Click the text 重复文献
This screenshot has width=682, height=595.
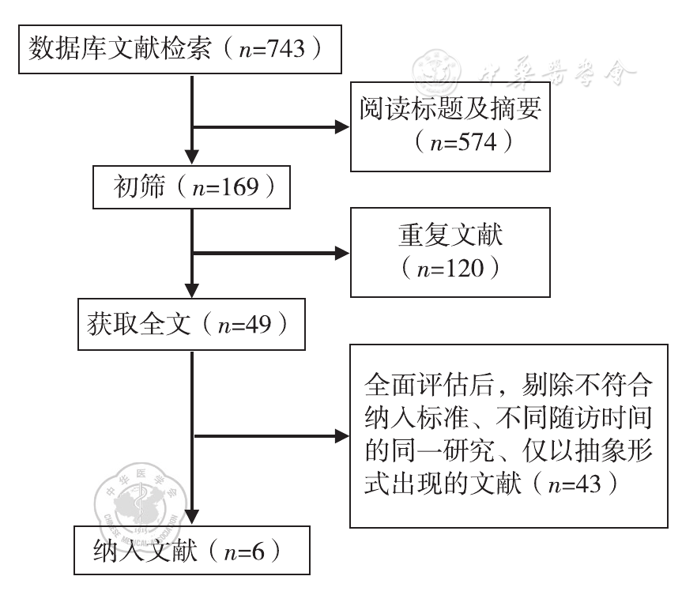coord(450,235)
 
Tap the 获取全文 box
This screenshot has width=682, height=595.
coord(191,323)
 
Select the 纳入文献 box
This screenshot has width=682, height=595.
coord(187,547)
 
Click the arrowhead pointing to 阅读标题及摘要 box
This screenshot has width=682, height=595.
coord(344,127)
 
